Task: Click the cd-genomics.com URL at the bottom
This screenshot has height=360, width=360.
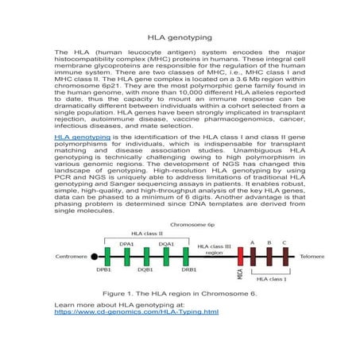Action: coord(136,312)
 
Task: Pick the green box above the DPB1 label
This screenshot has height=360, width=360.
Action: coord(106,257)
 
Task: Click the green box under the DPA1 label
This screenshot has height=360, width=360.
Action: coord(126,257)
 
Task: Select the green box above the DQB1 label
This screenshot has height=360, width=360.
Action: coord(146,257)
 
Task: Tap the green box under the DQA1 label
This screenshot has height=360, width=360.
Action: coord(167,257)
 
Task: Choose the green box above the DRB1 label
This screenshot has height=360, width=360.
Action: coord(188,257)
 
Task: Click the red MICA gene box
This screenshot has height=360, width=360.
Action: coord(240,257)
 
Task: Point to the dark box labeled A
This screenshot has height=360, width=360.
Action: coord(253,257)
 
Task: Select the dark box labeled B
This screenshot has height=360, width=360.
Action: coord(269,257)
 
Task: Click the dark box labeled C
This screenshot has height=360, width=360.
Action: coord(285,257)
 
